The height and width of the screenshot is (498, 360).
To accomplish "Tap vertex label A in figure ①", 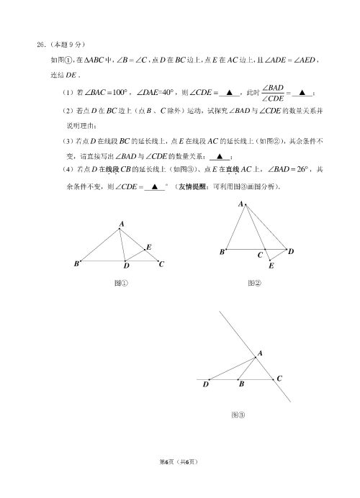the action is tap(122, 225).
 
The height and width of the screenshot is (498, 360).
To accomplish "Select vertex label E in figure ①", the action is tap(148, 247).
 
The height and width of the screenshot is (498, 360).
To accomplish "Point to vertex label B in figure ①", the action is tap(76, 264).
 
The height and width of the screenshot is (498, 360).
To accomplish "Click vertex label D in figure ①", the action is tap(126, 266).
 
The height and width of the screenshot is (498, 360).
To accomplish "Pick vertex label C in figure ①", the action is tap(162, 264).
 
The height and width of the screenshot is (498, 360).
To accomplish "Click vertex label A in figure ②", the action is tap(241, 204).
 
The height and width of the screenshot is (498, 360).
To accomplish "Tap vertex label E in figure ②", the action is tap(271, 266).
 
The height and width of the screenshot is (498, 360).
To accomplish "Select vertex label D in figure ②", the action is tap(290, 252).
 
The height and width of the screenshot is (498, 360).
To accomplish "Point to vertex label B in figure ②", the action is tap(222, 253).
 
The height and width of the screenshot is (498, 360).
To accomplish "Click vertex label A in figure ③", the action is tap(259, 353).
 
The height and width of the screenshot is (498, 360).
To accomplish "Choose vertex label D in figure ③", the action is tap(206, 386).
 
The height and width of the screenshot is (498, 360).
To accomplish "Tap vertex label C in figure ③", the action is tap(279, 379).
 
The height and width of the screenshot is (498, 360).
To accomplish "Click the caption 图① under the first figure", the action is tap(122, 284).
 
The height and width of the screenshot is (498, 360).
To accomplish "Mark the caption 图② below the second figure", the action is tap(253, 284).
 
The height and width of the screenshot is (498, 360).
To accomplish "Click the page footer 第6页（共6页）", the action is tap(179, 481).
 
